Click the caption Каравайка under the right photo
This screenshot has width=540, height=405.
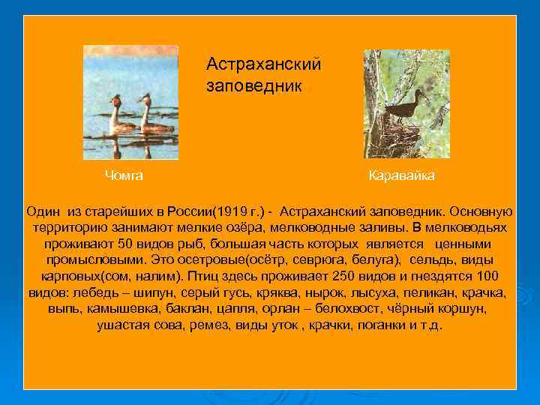[x=402, y=175]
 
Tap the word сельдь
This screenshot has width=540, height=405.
[x=431, y=260]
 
